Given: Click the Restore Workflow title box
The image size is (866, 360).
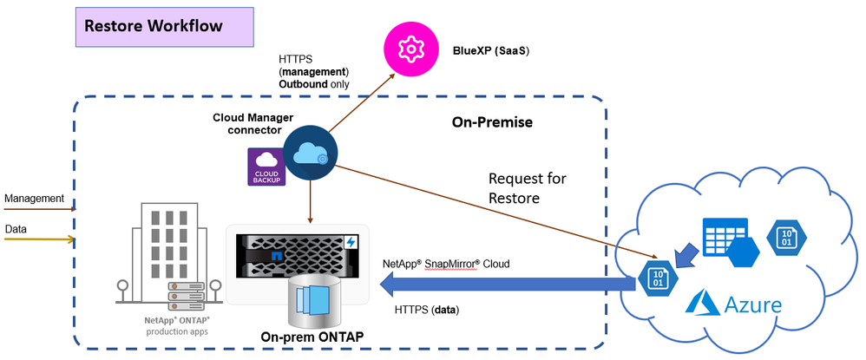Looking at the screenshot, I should point(164,27).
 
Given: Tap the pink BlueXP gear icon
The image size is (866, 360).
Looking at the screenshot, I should point(408,49).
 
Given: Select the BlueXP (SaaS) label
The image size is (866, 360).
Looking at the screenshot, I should point(490,51).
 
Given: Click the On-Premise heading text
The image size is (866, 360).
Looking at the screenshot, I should point(492,122).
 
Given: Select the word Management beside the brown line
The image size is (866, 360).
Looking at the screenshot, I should point(35,200).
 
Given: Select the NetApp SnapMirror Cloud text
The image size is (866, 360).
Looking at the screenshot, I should point(446,263).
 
